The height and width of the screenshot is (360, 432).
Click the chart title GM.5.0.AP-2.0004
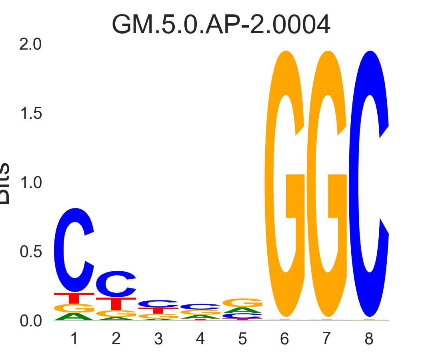221,25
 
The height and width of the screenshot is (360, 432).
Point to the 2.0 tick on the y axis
30,44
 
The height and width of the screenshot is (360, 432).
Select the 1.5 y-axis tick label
30,114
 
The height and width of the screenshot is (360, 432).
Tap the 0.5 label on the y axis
30,252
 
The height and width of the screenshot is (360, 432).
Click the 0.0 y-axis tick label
30,321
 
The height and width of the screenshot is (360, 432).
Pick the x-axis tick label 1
74,339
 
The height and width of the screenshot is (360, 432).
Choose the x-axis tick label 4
200,339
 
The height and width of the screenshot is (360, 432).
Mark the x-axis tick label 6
284,339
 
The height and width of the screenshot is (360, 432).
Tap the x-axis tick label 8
369,339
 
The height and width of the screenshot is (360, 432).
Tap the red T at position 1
74,298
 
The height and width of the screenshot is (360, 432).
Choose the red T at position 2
116,303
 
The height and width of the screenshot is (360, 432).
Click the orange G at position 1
74,308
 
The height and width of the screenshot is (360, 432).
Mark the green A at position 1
74,317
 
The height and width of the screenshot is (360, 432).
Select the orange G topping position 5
242,302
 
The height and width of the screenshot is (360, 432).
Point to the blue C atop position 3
158,304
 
